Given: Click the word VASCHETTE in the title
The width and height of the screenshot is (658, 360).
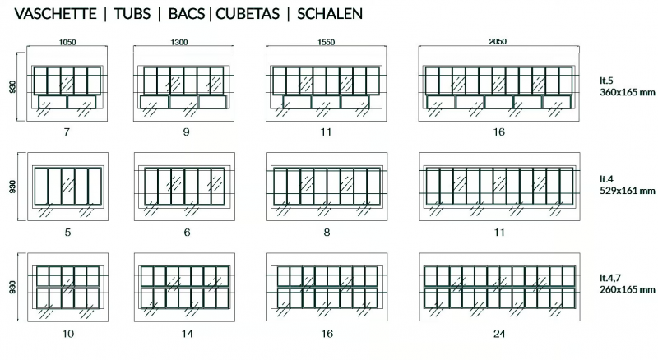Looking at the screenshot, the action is [56, 14].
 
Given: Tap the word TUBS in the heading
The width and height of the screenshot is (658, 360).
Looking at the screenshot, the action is [132, 14].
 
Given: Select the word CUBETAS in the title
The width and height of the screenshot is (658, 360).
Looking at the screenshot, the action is [248, 14].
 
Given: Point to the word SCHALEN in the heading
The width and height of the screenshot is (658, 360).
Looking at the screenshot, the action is [330, 14].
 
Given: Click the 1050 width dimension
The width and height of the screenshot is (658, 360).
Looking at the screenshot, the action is [67, 42].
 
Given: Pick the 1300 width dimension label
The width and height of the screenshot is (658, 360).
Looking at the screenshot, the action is [179, 42].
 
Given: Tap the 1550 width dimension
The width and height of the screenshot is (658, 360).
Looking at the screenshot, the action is [326, 42].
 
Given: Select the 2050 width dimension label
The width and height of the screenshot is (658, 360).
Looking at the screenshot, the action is [498, 41].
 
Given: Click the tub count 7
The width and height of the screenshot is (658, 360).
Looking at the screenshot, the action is [67, 132].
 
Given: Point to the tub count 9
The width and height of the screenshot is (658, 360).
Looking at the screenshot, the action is [187, 132].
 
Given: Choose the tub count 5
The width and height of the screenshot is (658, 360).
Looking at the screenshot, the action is [68, 232].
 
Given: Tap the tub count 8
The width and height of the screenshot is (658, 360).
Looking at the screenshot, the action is [327, 232].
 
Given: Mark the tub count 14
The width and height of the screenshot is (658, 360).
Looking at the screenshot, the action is [188, 334].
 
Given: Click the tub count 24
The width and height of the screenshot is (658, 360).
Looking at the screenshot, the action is [499, 334].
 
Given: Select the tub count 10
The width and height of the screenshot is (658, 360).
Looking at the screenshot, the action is [68, 334].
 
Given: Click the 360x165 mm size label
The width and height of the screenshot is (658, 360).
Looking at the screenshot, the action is [628, 92].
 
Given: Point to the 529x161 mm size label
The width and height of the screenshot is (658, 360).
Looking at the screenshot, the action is [628, 191].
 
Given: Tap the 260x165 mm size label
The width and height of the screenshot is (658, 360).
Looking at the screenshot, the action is [628, 289].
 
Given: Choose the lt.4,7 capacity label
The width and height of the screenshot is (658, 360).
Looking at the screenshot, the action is [610, 278].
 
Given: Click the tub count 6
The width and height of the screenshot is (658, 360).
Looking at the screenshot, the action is [188, 232].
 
